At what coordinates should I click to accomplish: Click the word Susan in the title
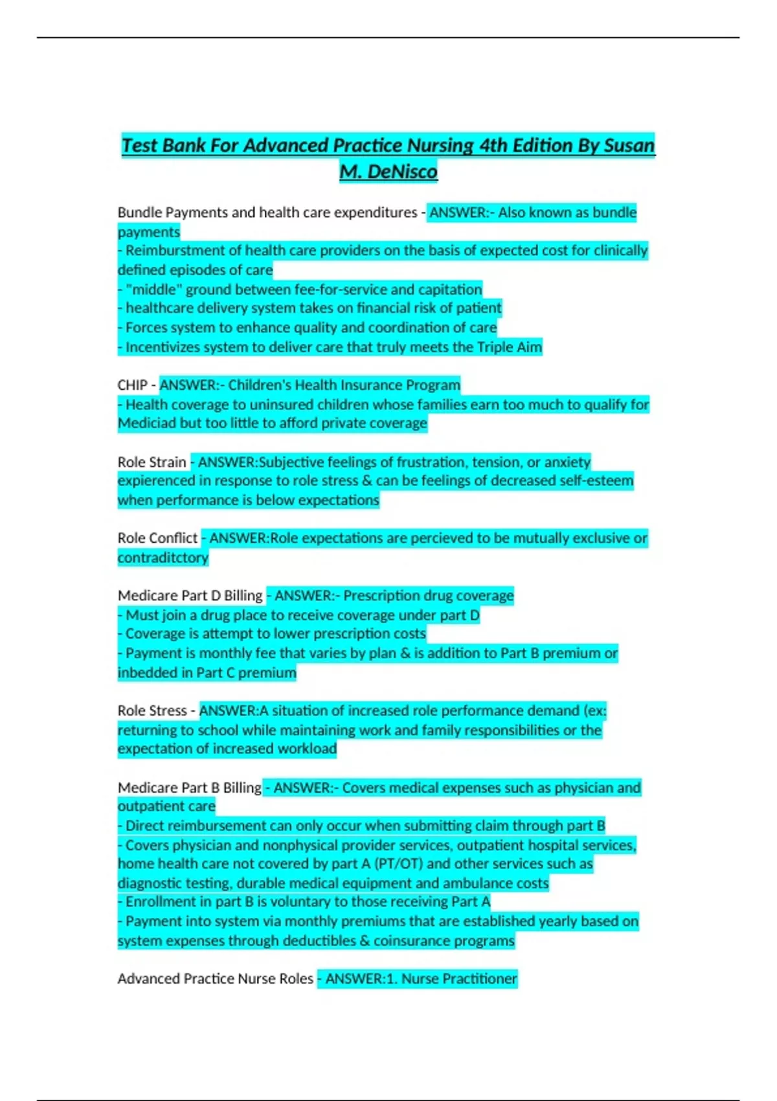point(629,146)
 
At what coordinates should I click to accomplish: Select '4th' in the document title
point(493,146)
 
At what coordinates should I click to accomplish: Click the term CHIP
point(132,385)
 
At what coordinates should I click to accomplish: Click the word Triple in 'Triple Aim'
point(495,347)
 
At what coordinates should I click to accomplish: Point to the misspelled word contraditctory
point(163,558)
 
